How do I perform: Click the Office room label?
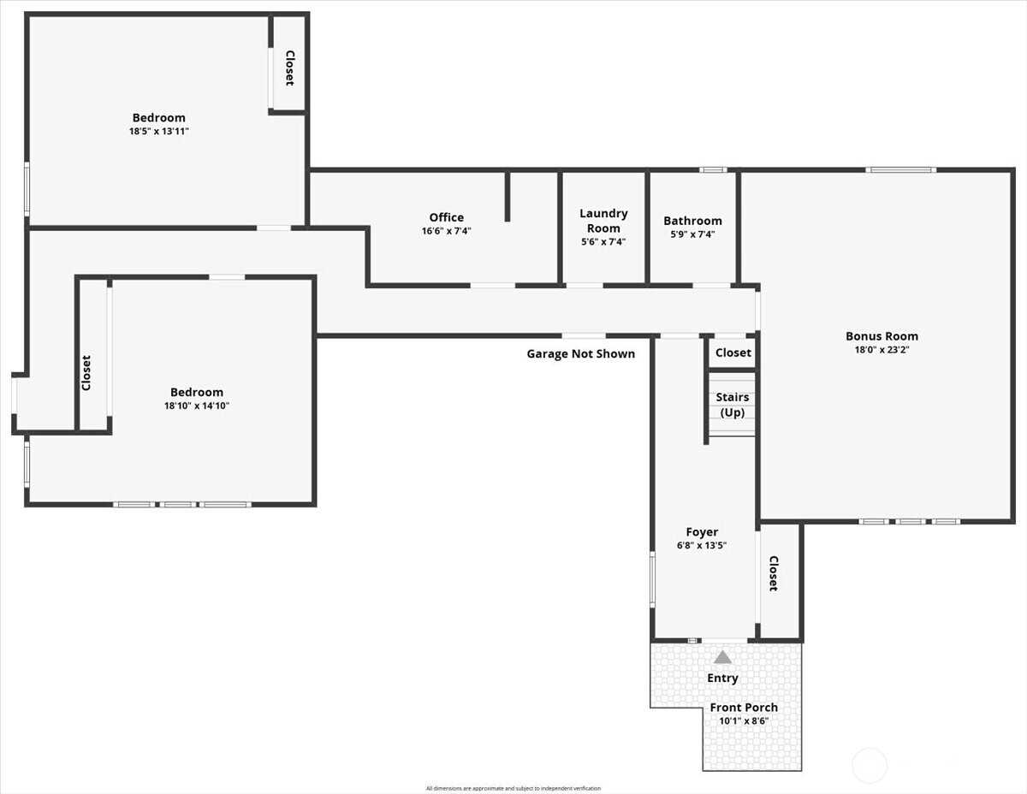446,217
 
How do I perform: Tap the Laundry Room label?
603,221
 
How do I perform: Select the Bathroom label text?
692,221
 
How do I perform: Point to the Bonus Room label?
882,336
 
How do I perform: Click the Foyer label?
702,532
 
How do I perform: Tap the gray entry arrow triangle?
723,657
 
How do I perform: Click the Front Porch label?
744,708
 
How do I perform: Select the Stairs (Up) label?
732,405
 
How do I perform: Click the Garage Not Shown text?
580,353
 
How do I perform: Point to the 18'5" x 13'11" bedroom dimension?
158,132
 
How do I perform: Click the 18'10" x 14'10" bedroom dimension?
197,406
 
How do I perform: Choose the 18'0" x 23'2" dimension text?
882,349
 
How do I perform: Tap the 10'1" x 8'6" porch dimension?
744,720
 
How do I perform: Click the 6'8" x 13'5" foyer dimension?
702,545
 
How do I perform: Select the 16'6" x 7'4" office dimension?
446,230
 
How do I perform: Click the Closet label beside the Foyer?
773,573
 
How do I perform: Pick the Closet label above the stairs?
733,353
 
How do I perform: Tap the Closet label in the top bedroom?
289,68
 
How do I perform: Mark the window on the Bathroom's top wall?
713,169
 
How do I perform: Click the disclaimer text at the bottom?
513,788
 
